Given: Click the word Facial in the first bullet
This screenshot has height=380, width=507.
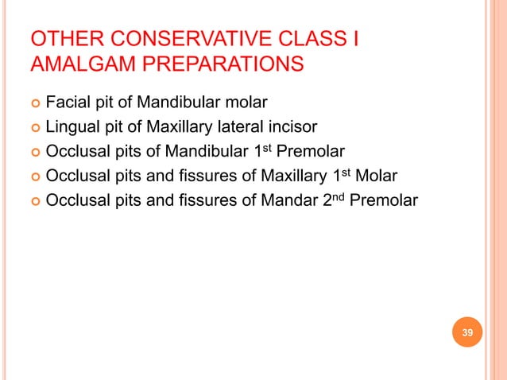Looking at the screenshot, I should pos(68,102).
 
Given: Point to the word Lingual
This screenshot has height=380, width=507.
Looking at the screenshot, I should pos(74,126).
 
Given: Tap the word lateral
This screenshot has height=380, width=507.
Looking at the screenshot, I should pos(253,126).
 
